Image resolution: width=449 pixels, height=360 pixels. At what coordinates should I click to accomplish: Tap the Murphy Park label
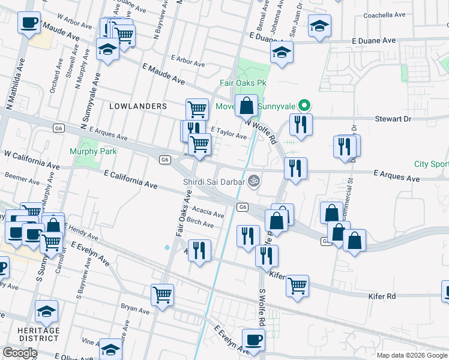93,152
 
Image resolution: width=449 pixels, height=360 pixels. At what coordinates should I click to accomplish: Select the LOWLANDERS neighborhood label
138,106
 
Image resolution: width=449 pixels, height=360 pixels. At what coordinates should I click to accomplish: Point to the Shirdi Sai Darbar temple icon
254,180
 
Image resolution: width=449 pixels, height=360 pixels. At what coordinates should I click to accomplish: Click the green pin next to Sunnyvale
304,106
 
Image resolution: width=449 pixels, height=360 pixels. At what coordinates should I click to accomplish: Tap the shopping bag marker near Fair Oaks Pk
246,106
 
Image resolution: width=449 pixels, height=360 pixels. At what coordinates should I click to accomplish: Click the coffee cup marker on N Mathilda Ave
29,23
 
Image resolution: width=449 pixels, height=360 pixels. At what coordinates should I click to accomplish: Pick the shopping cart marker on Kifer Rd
297,286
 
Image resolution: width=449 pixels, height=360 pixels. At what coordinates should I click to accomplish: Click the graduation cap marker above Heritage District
46,311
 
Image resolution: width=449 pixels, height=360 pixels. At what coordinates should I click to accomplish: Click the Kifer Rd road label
382,296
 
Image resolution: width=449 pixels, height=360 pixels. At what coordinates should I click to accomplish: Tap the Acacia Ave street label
209,212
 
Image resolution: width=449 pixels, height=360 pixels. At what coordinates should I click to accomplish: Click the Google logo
19,353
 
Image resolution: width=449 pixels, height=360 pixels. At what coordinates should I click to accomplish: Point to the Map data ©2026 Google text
411,355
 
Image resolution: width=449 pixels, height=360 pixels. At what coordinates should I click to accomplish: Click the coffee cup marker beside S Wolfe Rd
253,340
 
